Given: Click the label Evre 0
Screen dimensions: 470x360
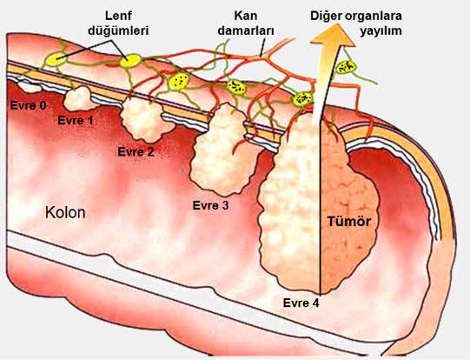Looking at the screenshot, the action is [29, 105].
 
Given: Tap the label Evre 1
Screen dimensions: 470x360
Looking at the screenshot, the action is [76, 121].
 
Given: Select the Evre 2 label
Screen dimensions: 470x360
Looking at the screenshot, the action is [136, 152].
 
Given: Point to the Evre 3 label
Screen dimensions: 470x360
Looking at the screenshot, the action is [210, 205].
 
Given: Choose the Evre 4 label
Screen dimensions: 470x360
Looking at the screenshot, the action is [301, 303].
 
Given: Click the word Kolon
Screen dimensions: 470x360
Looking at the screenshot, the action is [65, 212].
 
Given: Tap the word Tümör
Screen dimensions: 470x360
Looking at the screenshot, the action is [349, 222].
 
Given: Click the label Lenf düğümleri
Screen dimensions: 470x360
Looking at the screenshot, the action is [118, 23].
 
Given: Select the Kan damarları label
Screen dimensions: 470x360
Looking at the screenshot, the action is [246, 23].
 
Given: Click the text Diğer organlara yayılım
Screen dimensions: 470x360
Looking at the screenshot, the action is [356, 23].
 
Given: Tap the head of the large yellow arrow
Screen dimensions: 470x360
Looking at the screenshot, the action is [333, 36].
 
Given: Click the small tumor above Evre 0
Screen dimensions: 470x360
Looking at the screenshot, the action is [29, 87].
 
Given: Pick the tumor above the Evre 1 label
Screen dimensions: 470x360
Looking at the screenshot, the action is [79, 98].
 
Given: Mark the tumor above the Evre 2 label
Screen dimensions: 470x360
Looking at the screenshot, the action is [145, 121].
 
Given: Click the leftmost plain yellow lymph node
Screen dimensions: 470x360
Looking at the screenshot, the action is [56, 59].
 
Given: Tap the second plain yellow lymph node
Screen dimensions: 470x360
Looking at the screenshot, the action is [129, 61].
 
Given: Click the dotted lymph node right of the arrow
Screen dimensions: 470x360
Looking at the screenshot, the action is [346, 67].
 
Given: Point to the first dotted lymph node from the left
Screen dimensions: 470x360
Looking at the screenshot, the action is [179, 81].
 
